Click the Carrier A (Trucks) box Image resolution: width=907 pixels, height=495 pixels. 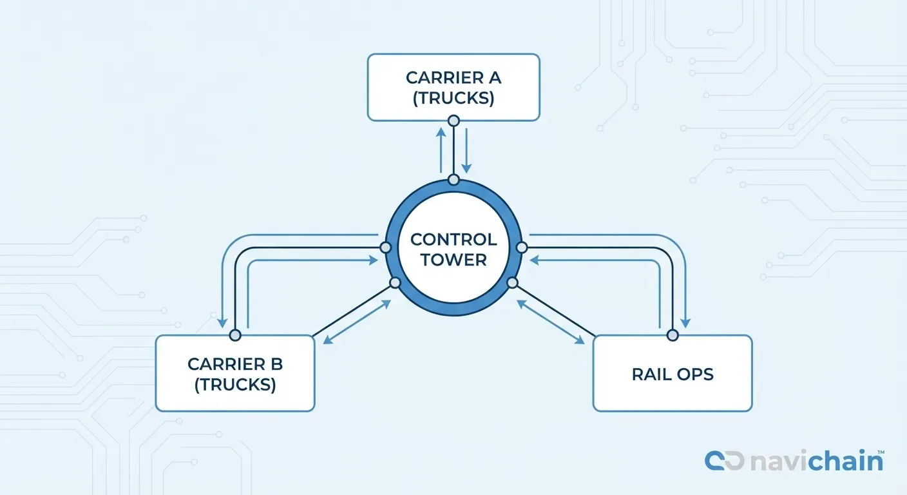click(x=453, y=87)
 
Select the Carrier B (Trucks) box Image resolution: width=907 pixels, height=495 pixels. click(x=235, y=373)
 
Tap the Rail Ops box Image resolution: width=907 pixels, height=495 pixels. click(x=672, y=373)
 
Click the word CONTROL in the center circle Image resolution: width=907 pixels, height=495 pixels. click(x=453, y=240)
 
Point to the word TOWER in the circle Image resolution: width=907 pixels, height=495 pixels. click(x=453, y=260)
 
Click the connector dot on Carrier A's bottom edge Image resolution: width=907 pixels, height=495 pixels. click(x=453, y=121)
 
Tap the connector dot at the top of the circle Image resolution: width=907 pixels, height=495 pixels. click(x=453, y=180)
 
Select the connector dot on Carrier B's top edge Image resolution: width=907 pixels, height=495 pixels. click(x=235, y=335)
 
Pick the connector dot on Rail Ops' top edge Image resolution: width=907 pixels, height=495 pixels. click(x=673, y=335)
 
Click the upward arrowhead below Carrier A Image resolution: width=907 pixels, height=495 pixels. click(x=441, y=131)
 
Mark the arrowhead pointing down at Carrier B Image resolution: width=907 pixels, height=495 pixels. click(x=222, y=322)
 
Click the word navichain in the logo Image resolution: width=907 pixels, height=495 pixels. click(x=815, y=461)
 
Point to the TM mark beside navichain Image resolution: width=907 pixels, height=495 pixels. click(x=879, y=452)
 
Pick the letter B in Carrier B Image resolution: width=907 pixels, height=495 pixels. click(x=276, y=364)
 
